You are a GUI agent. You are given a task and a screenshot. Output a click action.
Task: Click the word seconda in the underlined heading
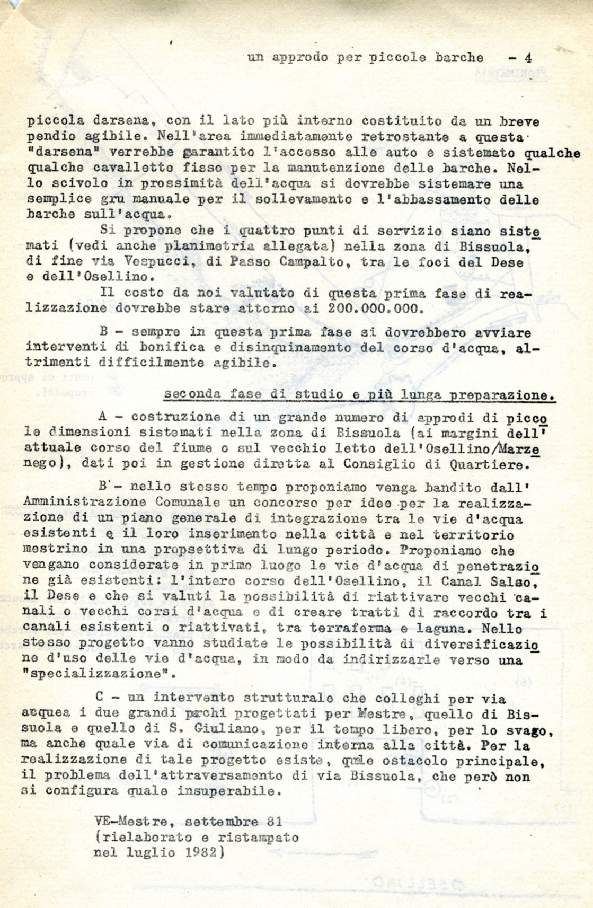(191, 395)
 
